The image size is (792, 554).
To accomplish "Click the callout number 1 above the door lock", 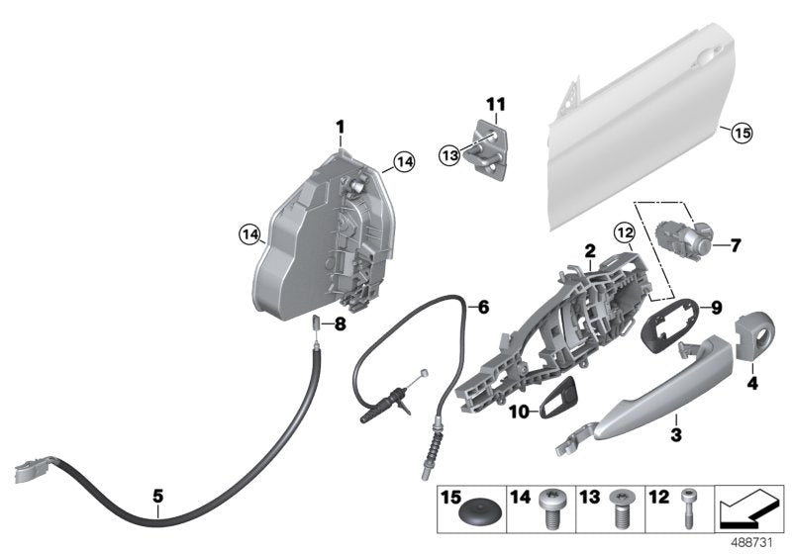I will (x=339, y=128).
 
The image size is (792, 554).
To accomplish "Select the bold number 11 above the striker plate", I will (x=495, y=103).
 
